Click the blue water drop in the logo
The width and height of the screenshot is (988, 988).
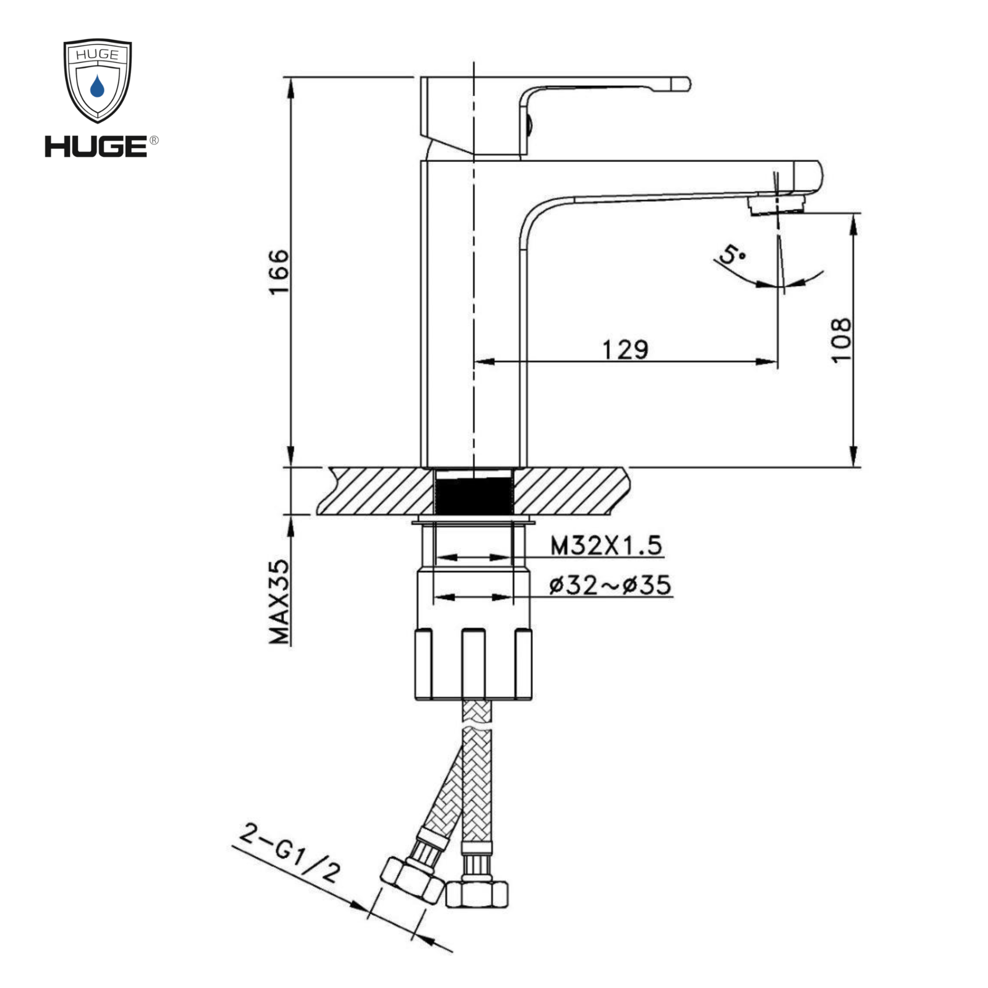coord(97,86)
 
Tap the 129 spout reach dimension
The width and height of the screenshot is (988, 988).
coord(625,350)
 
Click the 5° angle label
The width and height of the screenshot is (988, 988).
coord(732,253)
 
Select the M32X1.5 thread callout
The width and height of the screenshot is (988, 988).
coord(606,546)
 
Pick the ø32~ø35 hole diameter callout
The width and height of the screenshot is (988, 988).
coord(610,585)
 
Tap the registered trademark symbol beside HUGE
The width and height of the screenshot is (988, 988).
coord(154,140)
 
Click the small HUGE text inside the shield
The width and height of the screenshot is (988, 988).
coord(97,55)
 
